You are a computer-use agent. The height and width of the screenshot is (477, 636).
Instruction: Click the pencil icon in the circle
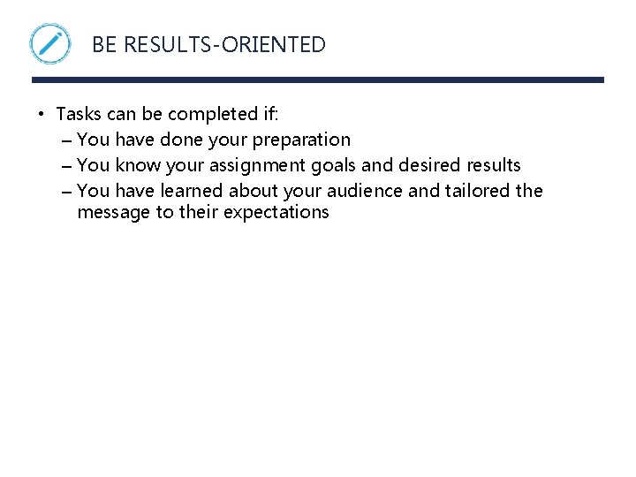tap(50, 43)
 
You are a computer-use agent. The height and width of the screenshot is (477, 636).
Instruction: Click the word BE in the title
tap(104, 45)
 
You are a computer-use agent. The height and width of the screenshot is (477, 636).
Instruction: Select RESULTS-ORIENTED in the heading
tap(224, 45)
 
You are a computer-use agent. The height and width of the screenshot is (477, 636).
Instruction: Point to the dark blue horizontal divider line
tap(318, 79)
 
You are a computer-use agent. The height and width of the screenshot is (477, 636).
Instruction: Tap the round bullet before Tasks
tap(41, 114)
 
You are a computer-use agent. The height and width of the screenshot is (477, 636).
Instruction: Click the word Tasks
tap(78, 114)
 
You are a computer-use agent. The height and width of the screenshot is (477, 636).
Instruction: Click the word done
tap(181, 140)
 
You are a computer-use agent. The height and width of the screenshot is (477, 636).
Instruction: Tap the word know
tap(135, 165)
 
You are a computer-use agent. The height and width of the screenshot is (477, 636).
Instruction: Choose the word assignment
tap(255, 165)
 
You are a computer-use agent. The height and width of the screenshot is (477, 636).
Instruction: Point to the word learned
tap(192, 191)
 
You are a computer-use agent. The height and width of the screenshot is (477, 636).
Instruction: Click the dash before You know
tap(68, 165)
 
